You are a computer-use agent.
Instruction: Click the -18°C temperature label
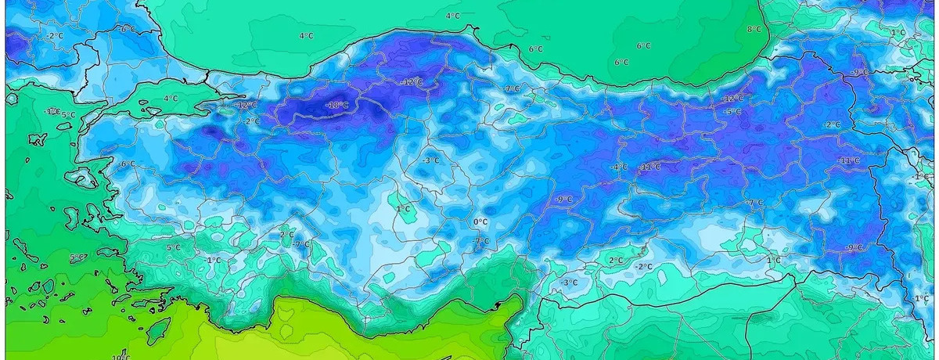(x=337, y=106)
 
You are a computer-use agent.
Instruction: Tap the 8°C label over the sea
(x=754, y=29)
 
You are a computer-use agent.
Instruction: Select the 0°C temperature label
(x=480, y=222)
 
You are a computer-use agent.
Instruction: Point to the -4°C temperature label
(x=620, y=167)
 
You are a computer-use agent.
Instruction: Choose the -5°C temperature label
(x=733, y=112)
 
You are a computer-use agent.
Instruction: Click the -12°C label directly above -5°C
(x=733, y=99)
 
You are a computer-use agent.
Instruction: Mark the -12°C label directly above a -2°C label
(x=246, y=105)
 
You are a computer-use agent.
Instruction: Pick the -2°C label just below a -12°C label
(x=252, y=121)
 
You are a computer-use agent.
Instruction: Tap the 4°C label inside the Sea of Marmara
(x=171, y=99)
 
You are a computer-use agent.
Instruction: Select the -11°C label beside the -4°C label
(x=649, y=167)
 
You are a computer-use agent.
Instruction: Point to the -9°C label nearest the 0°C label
(x=563, y=200)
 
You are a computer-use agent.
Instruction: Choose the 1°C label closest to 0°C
(x=404, y=209)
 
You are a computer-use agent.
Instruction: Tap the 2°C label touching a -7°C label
(x=286, y=234)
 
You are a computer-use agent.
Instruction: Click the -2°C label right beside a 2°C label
(x=643, y=266)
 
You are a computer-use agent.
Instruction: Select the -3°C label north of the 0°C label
(x=430, y=160)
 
